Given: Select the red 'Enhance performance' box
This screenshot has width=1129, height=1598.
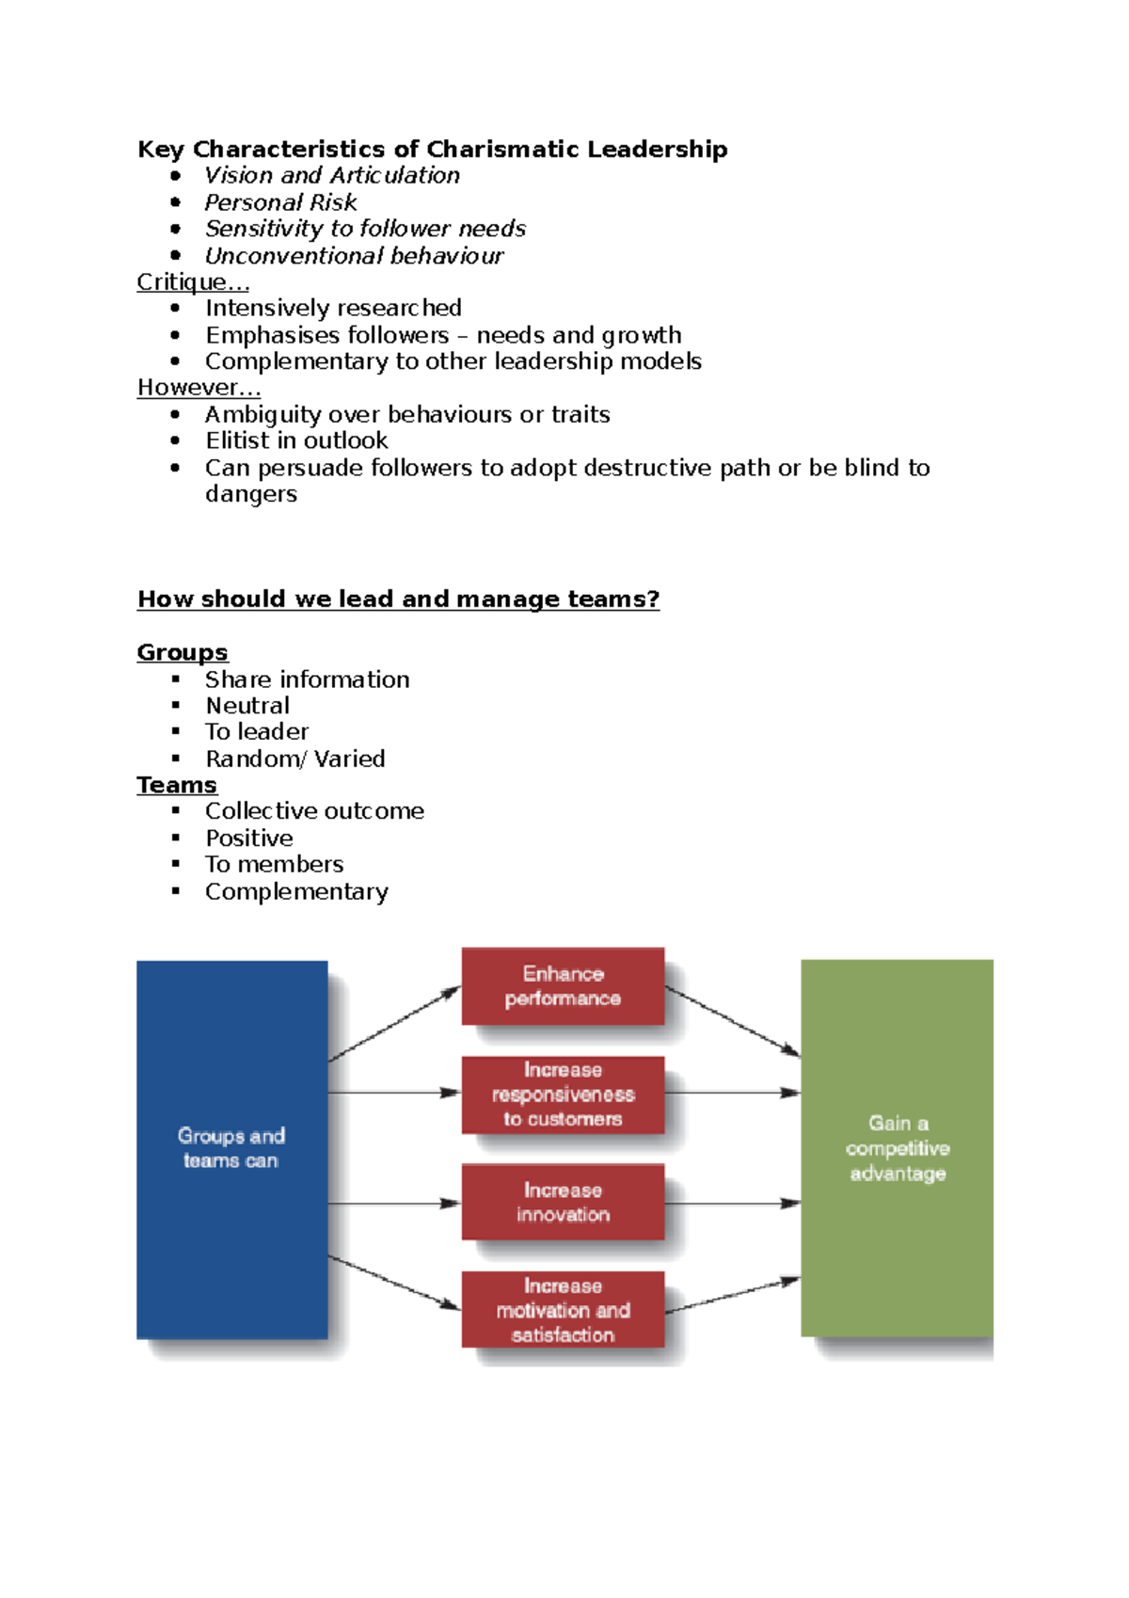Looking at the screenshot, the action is coord(563,986).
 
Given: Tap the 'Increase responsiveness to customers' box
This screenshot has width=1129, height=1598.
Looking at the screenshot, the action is coord(563,1095).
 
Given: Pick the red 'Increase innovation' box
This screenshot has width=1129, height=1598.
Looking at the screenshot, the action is coord(563,1202).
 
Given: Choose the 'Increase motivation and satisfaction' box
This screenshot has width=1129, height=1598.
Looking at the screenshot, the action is coord(563,1310).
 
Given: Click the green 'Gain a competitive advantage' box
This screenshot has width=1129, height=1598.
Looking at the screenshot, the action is coord(897,1148).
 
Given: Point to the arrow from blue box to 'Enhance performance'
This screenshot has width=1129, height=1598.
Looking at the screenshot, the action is coord(394,1024).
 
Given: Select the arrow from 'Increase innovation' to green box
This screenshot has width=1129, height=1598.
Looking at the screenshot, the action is coord(733,1204).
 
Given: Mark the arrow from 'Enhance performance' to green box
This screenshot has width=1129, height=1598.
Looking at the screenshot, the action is coord(733,1021).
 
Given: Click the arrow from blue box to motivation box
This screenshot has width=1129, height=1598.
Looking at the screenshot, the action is coord(394,1283).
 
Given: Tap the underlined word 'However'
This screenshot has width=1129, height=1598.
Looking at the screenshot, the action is coord(187,388).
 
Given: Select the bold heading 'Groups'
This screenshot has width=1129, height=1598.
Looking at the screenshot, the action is coord(183,653).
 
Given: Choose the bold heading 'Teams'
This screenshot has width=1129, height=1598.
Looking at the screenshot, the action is coord(177,785).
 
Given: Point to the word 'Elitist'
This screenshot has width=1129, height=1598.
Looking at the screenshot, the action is coord(237,440).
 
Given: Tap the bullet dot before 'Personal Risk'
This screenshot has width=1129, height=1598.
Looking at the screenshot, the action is coord(175,202).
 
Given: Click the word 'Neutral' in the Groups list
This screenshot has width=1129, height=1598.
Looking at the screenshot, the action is coord(247,706).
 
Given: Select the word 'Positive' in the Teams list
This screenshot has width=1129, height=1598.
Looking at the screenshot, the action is coord(249,838).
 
